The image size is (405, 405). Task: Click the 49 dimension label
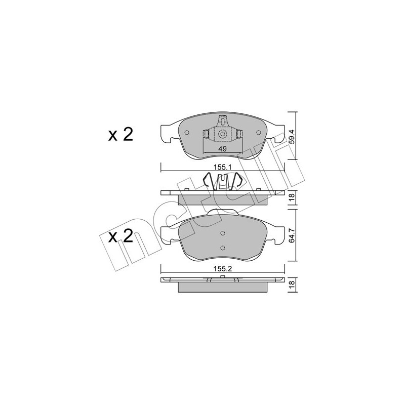(222, 149)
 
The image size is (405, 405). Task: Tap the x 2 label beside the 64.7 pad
(120, 236)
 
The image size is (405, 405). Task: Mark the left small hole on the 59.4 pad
(187, 134)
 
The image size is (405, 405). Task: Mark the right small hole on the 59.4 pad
(259, 134)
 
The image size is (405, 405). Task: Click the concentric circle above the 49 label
(223, 134)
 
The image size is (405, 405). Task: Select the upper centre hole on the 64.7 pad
(223, 233)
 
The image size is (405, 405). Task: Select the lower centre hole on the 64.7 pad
(223, 248)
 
